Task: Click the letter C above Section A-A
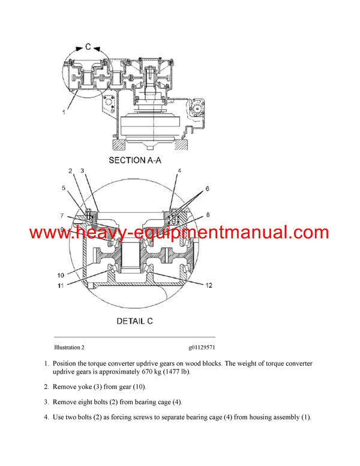[x=88, y=46]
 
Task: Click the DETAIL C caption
[x=134, y=321]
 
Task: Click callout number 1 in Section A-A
[x=64, y=112]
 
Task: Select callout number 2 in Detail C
[x=70, y=171]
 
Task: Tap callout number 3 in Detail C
[x=83, y=171]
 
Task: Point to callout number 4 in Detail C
[x=179, y=172]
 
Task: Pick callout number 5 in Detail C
[x=64, y=187]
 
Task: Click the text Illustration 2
[x=69, y=348]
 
